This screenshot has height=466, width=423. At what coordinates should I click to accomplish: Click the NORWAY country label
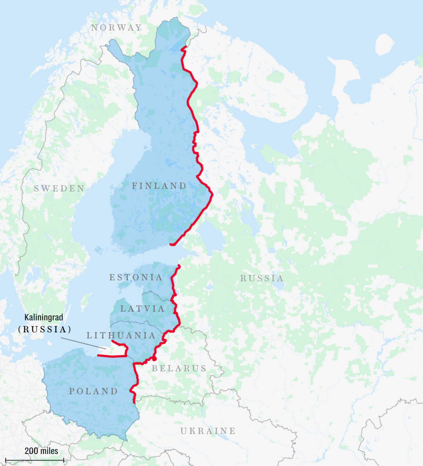pos(116,28)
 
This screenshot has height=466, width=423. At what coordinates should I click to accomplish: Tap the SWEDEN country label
pos(59,189)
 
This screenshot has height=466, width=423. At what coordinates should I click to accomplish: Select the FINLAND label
pos(159,186)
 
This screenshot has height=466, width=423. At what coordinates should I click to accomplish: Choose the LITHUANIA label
pos(121,335)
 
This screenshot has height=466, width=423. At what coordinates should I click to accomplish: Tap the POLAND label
pos(93,391)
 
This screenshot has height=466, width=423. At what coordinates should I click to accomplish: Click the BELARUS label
pos(179,368)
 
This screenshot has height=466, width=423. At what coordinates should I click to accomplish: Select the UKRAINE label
pos(208,431)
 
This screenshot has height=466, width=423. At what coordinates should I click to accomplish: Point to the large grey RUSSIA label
pos(262,278)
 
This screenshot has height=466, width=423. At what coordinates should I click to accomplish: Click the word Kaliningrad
pos(44,318)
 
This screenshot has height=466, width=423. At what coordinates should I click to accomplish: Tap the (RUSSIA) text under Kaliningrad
pos(45,329)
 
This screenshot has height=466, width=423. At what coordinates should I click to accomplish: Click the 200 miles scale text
pos(42,451)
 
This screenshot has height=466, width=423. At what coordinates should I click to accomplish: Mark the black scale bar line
pos(35,460)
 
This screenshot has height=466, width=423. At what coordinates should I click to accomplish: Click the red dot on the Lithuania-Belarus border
pos(154,359)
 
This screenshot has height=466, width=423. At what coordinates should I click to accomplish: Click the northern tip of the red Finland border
pos(183,48)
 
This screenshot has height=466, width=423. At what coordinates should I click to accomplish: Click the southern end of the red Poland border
pos(134,402)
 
